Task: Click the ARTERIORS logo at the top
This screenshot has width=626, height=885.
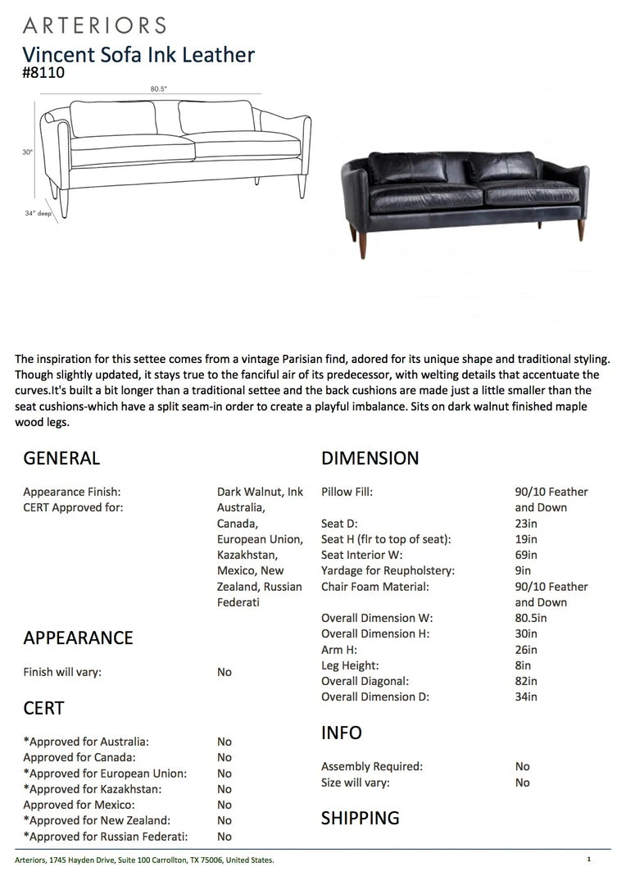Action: [x=94, y=25]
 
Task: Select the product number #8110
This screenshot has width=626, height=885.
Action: [x=43, y=72]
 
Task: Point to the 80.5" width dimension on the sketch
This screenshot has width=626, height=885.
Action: [x=159, y=88]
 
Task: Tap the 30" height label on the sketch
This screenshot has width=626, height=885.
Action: [x=27, y=152]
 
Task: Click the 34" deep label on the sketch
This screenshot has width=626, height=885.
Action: [x=38, y=213]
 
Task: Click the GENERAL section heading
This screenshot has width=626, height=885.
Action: [x=61, y=458]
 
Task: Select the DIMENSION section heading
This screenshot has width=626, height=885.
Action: [x=370, y=458]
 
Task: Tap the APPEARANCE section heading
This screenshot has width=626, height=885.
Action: [x=78, y=638]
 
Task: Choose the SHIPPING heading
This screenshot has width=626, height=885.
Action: [x=360, y=818]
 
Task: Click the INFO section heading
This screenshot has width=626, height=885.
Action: [x=341, y=733]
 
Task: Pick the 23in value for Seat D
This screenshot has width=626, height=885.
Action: [x=526, y=524]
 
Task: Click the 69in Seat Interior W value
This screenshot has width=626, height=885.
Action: [x=526, y=555]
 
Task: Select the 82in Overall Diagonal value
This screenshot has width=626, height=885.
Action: [x=526, y=681]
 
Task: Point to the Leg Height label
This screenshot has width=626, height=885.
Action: [x=350, y=665]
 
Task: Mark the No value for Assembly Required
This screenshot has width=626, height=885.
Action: [x=523, y=767]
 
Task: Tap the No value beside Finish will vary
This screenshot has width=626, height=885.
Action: [x=225, y=672]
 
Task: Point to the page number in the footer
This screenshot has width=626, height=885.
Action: [x=588, y=860]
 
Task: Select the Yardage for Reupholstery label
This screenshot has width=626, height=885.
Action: [x=388, y=570]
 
